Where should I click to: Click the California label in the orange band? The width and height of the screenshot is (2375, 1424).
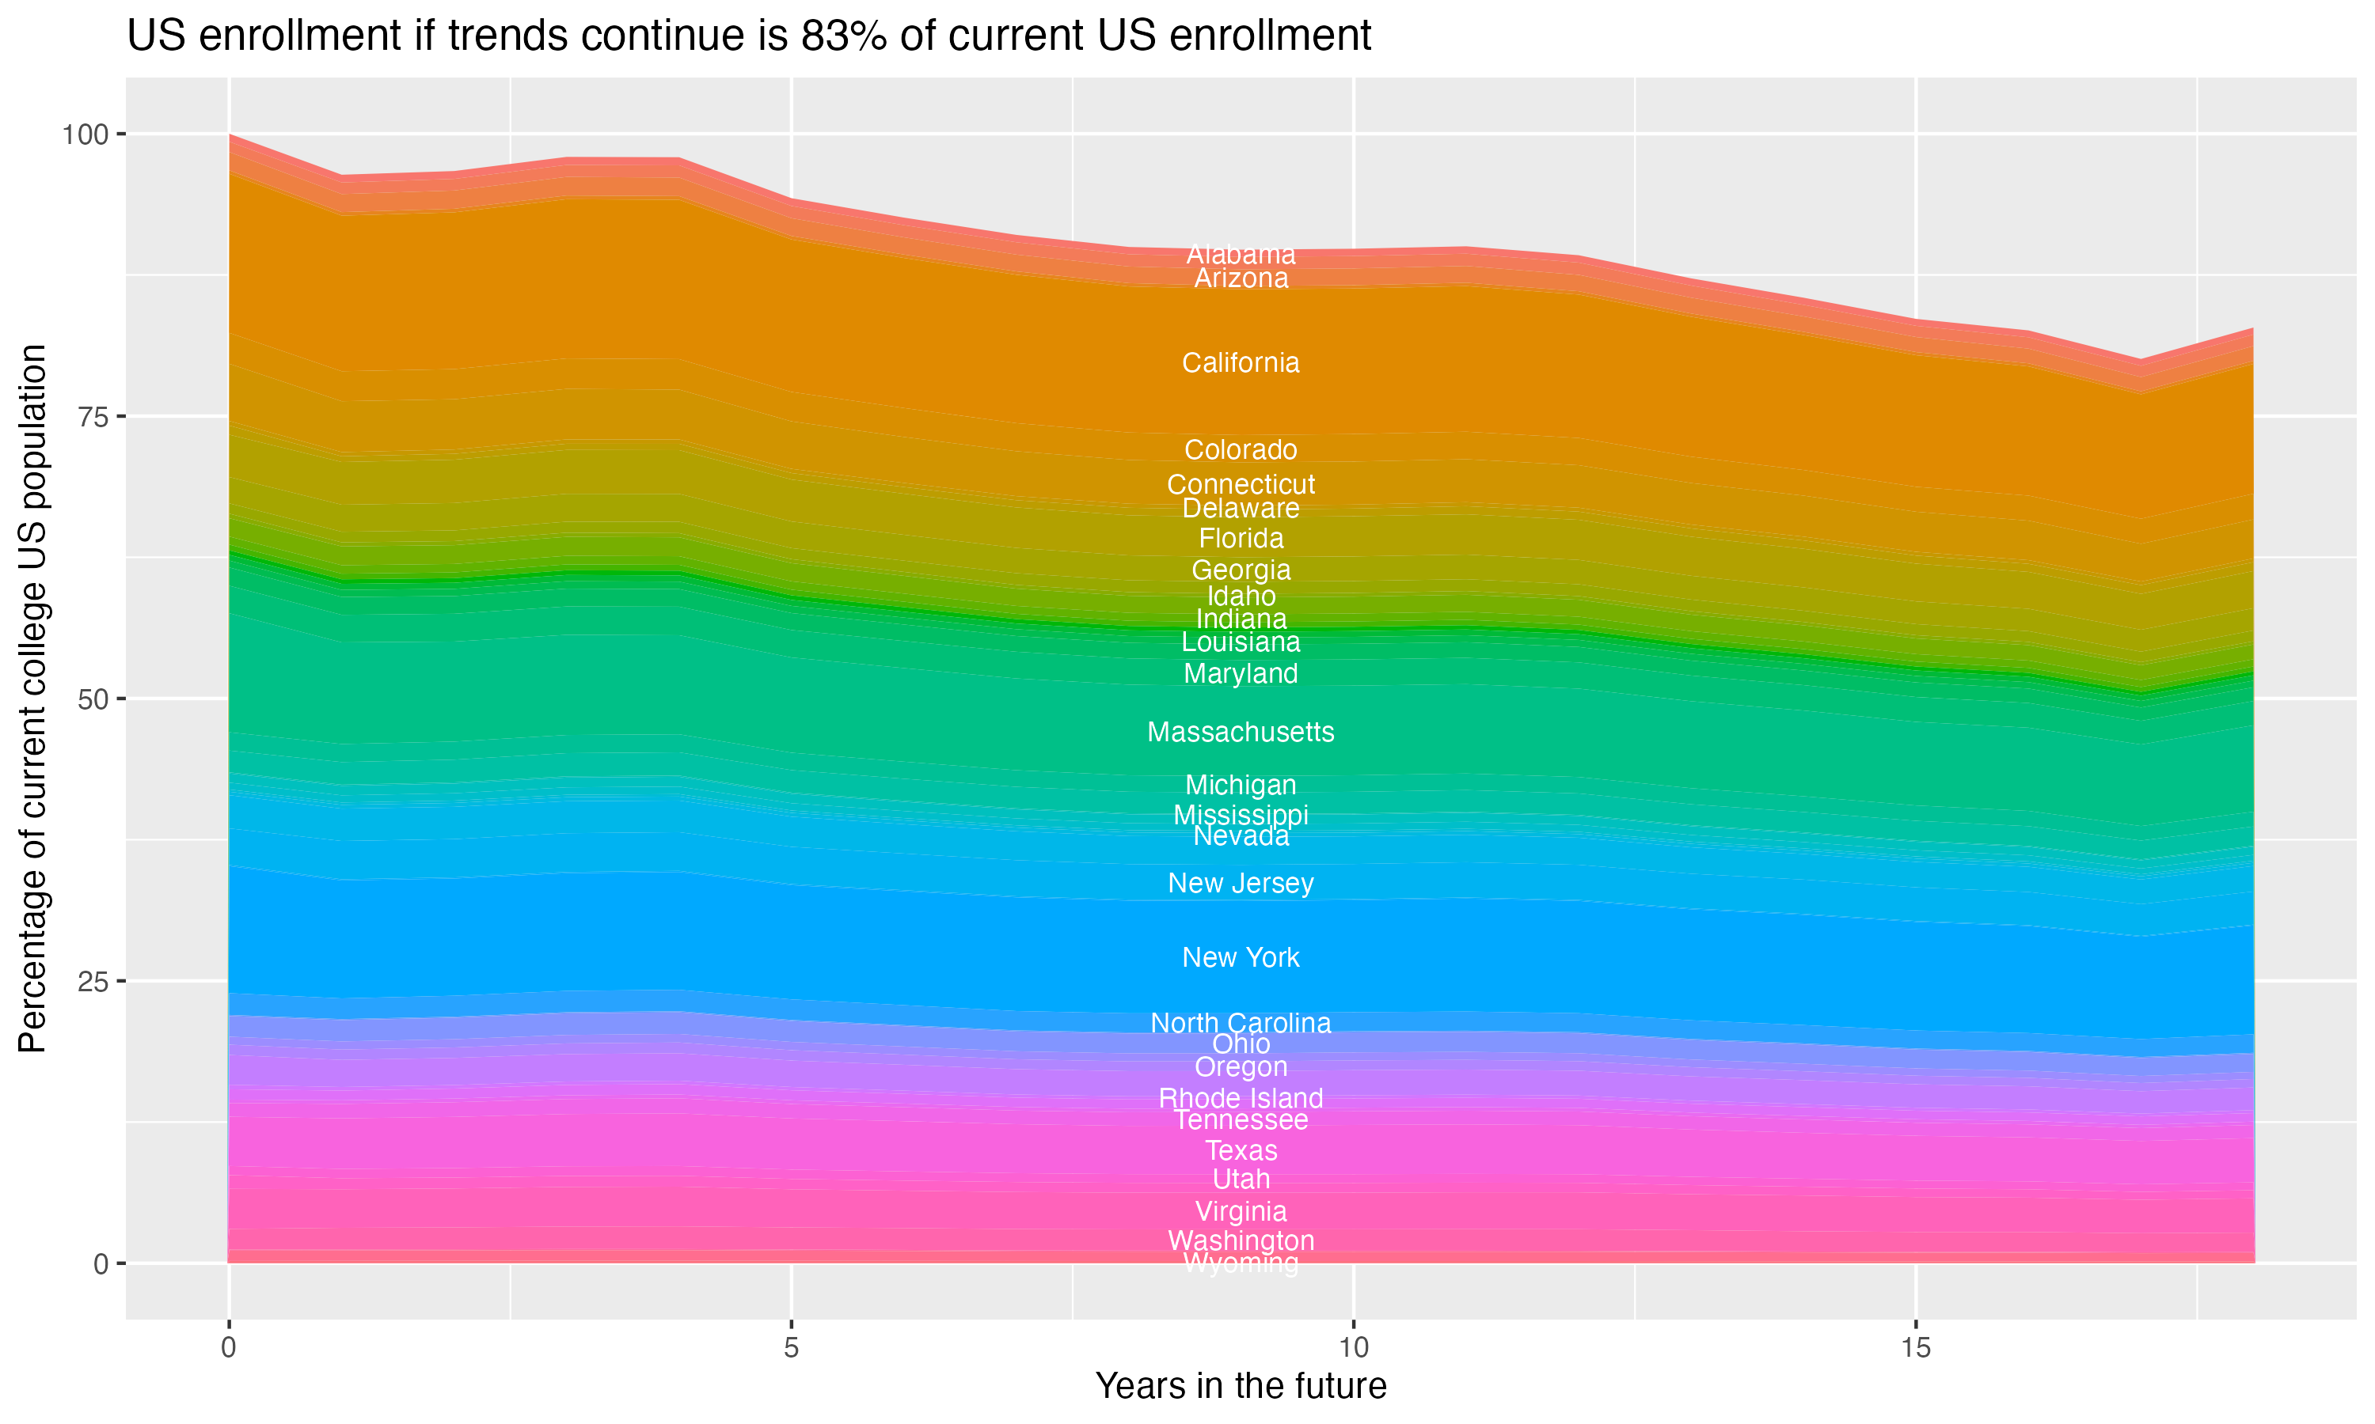click(1241, 362)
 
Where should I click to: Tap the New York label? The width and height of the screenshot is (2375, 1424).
click(1241, 958)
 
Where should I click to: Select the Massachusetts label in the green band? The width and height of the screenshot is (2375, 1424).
click(1241, 732)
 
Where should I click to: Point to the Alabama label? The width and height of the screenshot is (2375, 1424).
click(1241, 254)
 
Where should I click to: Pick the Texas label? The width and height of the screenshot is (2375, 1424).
click(1241, 1150)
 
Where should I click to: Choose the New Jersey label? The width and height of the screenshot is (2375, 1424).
click(1241, 883)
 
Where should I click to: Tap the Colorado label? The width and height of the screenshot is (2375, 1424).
click(1241, 450)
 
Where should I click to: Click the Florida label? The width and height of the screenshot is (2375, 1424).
click(1241, 538)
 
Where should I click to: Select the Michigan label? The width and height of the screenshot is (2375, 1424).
click(1241, 785)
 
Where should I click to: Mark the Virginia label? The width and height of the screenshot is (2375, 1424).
click(1241, 1211)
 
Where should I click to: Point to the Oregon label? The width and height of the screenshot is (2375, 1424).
click(1241, 1067)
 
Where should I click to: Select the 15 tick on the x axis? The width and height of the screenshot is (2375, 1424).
click(1915, 1348)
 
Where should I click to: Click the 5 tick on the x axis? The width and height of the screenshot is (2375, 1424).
click(791, 1348)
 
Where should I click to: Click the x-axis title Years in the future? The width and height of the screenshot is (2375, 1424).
click(1241, 1385)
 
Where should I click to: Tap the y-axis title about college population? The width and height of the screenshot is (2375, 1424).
click(32, 699)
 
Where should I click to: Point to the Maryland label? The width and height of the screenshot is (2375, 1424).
click(1241, 673)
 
